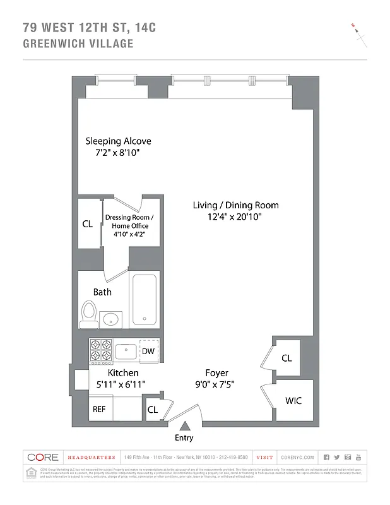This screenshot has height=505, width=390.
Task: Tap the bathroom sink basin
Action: (112, 318)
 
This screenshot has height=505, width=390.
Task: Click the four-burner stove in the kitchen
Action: (100, 352)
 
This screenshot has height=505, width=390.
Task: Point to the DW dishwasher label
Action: (148, 352)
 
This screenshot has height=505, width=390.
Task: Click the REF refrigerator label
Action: (99, 409)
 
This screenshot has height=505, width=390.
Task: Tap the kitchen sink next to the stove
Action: (126, 351)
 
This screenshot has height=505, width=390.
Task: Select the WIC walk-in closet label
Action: (293, 400)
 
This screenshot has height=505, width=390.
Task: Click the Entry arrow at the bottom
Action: (184, 426)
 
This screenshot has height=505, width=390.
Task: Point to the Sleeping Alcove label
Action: (118, 141)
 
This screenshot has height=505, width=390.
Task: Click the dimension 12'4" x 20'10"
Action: (235, 217)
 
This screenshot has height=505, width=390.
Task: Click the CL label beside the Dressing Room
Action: (88, 223)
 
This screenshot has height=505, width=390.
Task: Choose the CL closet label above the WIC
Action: (287, 358)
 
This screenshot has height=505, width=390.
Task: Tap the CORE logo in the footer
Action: (42, 457)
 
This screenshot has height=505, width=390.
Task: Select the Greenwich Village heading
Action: (78, 44)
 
